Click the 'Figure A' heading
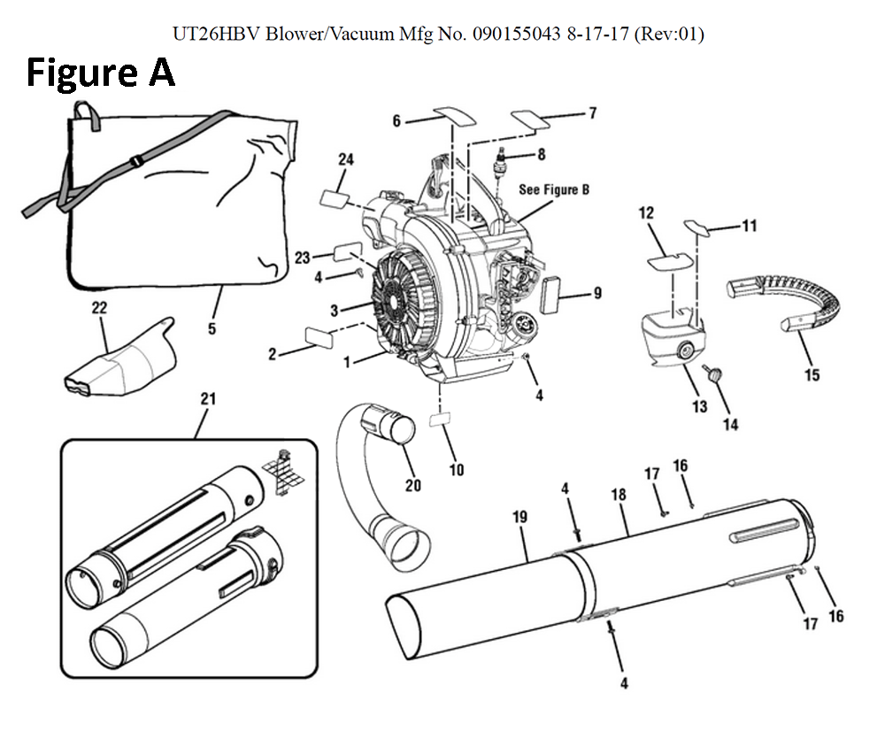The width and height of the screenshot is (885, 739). coord(100,73)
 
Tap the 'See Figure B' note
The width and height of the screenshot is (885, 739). coord(554,189)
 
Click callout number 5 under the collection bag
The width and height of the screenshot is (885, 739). coord(212,328)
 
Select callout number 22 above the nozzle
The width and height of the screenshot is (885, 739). coord(99,308)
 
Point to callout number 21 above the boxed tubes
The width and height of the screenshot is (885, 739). coord(208,399)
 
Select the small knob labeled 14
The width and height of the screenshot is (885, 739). coord(712,376)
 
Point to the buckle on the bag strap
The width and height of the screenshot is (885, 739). coord(135,161)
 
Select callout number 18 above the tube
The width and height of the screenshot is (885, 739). coord(618,495)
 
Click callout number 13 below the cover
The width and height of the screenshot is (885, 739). coord(700,406)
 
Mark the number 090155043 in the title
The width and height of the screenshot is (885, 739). coord(523,35)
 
